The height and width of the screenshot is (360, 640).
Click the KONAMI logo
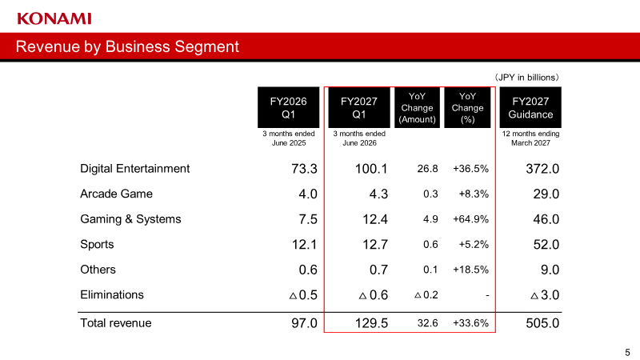point(54,18)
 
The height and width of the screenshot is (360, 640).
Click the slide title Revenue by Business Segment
point(127,46)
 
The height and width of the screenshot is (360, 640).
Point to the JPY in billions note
point(526,78)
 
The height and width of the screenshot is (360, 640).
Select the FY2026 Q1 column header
point(288,107)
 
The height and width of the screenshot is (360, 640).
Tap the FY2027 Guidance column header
point(530,107)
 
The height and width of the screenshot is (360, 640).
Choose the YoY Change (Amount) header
point(417,108)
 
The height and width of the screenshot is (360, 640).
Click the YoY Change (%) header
point(467,108)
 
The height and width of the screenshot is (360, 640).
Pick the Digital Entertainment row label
point(134,169)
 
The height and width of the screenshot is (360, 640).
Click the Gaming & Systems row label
point(130,219)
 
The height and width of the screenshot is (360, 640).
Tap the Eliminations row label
point(112,294)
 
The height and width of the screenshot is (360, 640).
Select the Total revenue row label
point(116,323)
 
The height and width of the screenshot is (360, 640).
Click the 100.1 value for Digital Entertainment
point(371,169)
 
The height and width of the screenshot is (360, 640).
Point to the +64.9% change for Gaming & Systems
point(470,219)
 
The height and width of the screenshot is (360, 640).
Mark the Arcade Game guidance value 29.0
point(546,194)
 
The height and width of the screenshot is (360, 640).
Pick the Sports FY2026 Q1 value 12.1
point(305,245)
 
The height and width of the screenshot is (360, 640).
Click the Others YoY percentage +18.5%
point(470,270)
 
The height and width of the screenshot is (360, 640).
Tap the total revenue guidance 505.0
point(542,323)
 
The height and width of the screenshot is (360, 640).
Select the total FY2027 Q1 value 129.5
point(371,323)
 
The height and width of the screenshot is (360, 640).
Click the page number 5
point(627,352)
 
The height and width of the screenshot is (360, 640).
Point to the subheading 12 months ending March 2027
point(530,138)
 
